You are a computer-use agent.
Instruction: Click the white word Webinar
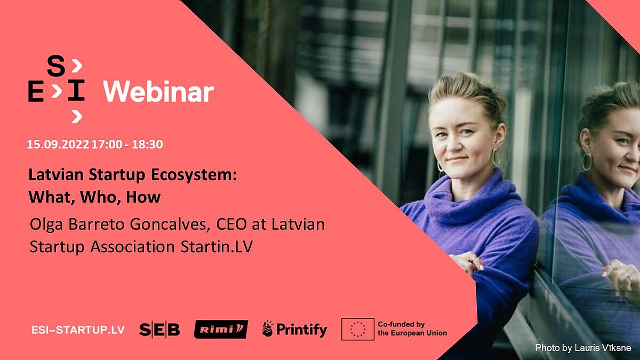click(x=158, y=92)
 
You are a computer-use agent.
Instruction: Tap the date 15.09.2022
click(x=58, y=145)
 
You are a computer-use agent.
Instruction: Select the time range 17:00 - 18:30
click(x=127, y=145)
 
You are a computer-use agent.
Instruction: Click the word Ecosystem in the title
click(x=194, y=175)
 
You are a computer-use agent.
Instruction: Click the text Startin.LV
click(x=217, y=246)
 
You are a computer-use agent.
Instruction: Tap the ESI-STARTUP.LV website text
click(x=78, y=330)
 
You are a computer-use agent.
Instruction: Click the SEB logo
click(x=159, y=330)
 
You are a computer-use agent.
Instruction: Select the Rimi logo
click(x=221, y=330)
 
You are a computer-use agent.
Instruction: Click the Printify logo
click(x=294, y=330)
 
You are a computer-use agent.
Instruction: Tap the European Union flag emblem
click(x=358, y=329)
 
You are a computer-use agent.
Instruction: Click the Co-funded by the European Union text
click(x=412, y=329)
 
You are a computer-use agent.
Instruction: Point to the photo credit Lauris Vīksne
click(x=603, y=348)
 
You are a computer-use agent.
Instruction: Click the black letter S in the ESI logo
click(x=56, y=67)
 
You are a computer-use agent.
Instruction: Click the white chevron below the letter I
click(x=77, y=117)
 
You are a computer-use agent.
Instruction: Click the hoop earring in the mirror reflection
click(x=587, y=162)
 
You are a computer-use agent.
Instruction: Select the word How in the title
click(x=143, y=197)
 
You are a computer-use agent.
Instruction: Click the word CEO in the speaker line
click(x=231, y=225)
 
